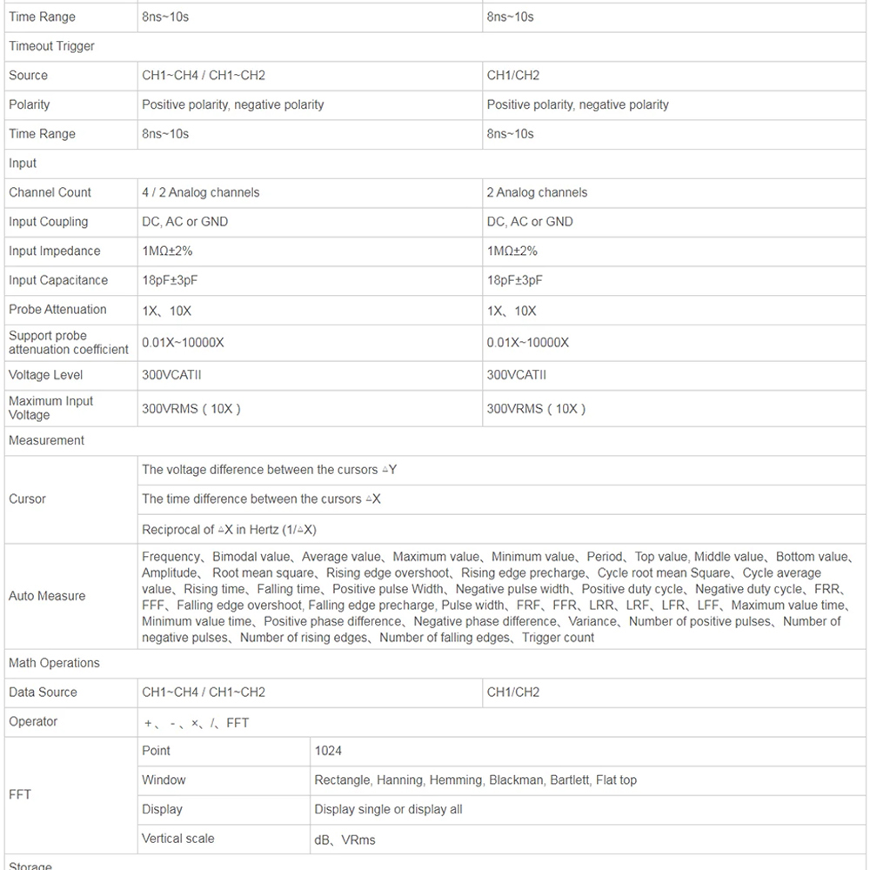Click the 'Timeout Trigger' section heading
click(x=51, y=46)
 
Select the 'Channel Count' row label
click(x=50, y=192)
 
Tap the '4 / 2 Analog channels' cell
click(x=201, y=192)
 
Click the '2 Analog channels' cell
click(x=537, y=192)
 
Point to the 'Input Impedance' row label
click(x=54, y=251)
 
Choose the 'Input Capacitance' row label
click(x=58, y=280)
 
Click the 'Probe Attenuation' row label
click(x=57, y=310)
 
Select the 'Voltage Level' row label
click(x=46, y=375)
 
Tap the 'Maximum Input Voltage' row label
click(x=50, y=408)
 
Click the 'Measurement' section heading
click(x=46, y=440)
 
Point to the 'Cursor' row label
click(x=27, y=499)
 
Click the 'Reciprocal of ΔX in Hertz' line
click(x=229, y=529)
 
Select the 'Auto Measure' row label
click(x=47, y=596)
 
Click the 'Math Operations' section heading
click(x=54, y=663)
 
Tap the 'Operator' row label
click(x=33, y=721)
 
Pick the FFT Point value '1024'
click(x=328, y=750)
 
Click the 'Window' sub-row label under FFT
click(x=164, y=780)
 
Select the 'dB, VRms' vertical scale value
click(x=345, y=840)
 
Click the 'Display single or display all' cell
click(x=388, y=809)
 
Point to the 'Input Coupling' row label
click(x=48, y=222)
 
